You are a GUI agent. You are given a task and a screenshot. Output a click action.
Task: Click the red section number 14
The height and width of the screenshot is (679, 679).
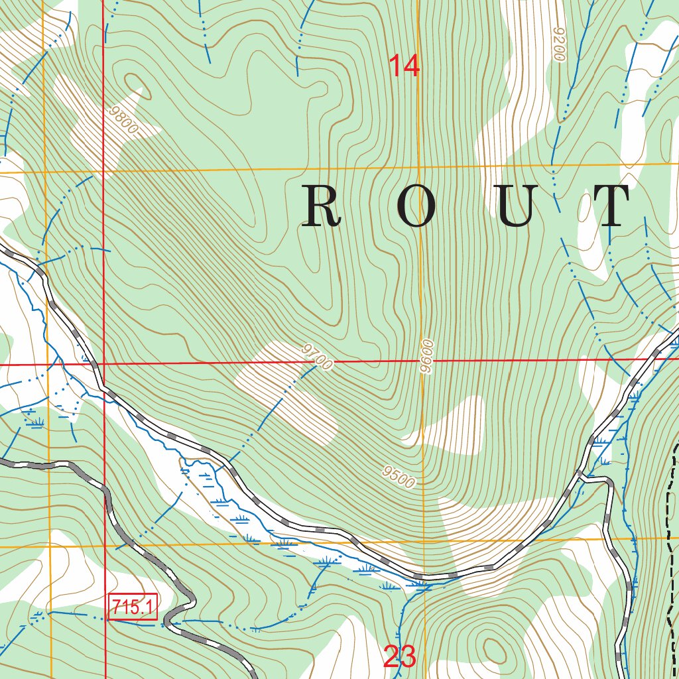pos(404,66)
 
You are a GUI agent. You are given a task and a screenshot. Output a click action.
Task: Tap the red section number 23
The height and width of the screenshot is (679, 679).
pos(400,656)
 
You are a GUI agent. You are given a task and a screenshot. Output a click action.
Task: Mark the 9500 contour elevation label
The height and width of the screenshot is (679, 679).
pos(399,477)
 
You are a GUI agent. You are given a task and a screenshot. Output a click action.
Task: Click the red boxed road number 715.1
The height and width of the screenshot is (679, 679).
pos(133,607)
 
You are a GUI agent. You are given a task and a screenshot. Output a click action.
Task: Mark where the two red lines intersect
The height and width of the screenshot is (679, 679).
pos(105,364)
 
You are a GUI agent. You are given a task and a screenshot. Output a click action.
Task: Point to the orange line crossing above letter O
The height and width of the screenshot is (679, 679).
pos(419,166)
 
